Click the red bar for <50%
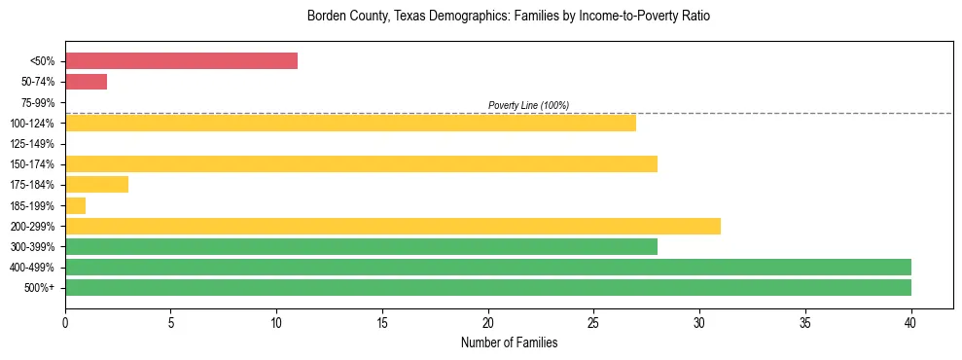[x=181, y=60]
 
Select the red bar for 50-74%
[x=86, y=81]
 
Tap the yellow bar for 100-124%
[x=350, y=123]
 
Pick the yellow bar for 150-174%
[x=361, y=163]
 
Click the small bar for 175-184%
[x=96, y=184]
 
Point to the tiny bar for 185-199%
[x=75, y=205]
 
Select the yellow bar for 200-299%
[x=392, y=226]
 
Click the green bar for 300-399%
[x=361, y=246]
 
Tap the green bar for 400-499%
[x=487, y=267]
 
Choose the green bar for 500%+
[x=487, y=287]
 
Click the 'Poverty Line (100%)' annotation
[x=528, y=105]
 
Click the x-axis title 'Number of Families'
[x=509, y=342]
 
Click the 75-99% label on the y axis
[x=38, y=102]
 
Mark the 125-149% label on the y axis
[x=35, y=143]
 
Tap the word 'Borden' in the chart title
[x=325, y=17]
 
